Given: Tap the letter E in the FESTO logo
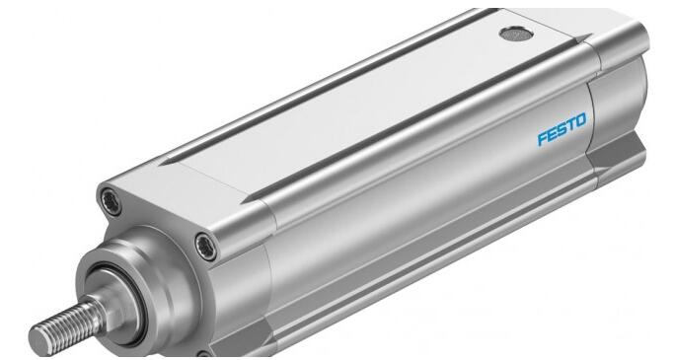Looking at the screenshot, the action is pyautogui.click(x=554, y=134).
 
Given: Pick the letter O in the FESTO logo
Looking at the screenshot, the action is pyautogui.click(x=579, y=121).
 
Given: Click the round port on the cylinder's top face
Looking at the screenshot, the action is pyautogui.click(x=516, y=34).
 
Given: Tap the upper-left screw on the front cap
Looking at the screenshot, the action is pyautogui.click(x=111, y=201).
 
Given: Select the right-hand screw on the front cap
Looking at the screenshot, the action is pyautogui.click(x=206, y=247).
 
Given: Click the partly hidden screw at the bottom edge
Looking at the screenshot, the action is pyautogui.click(x=203, y=355).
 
